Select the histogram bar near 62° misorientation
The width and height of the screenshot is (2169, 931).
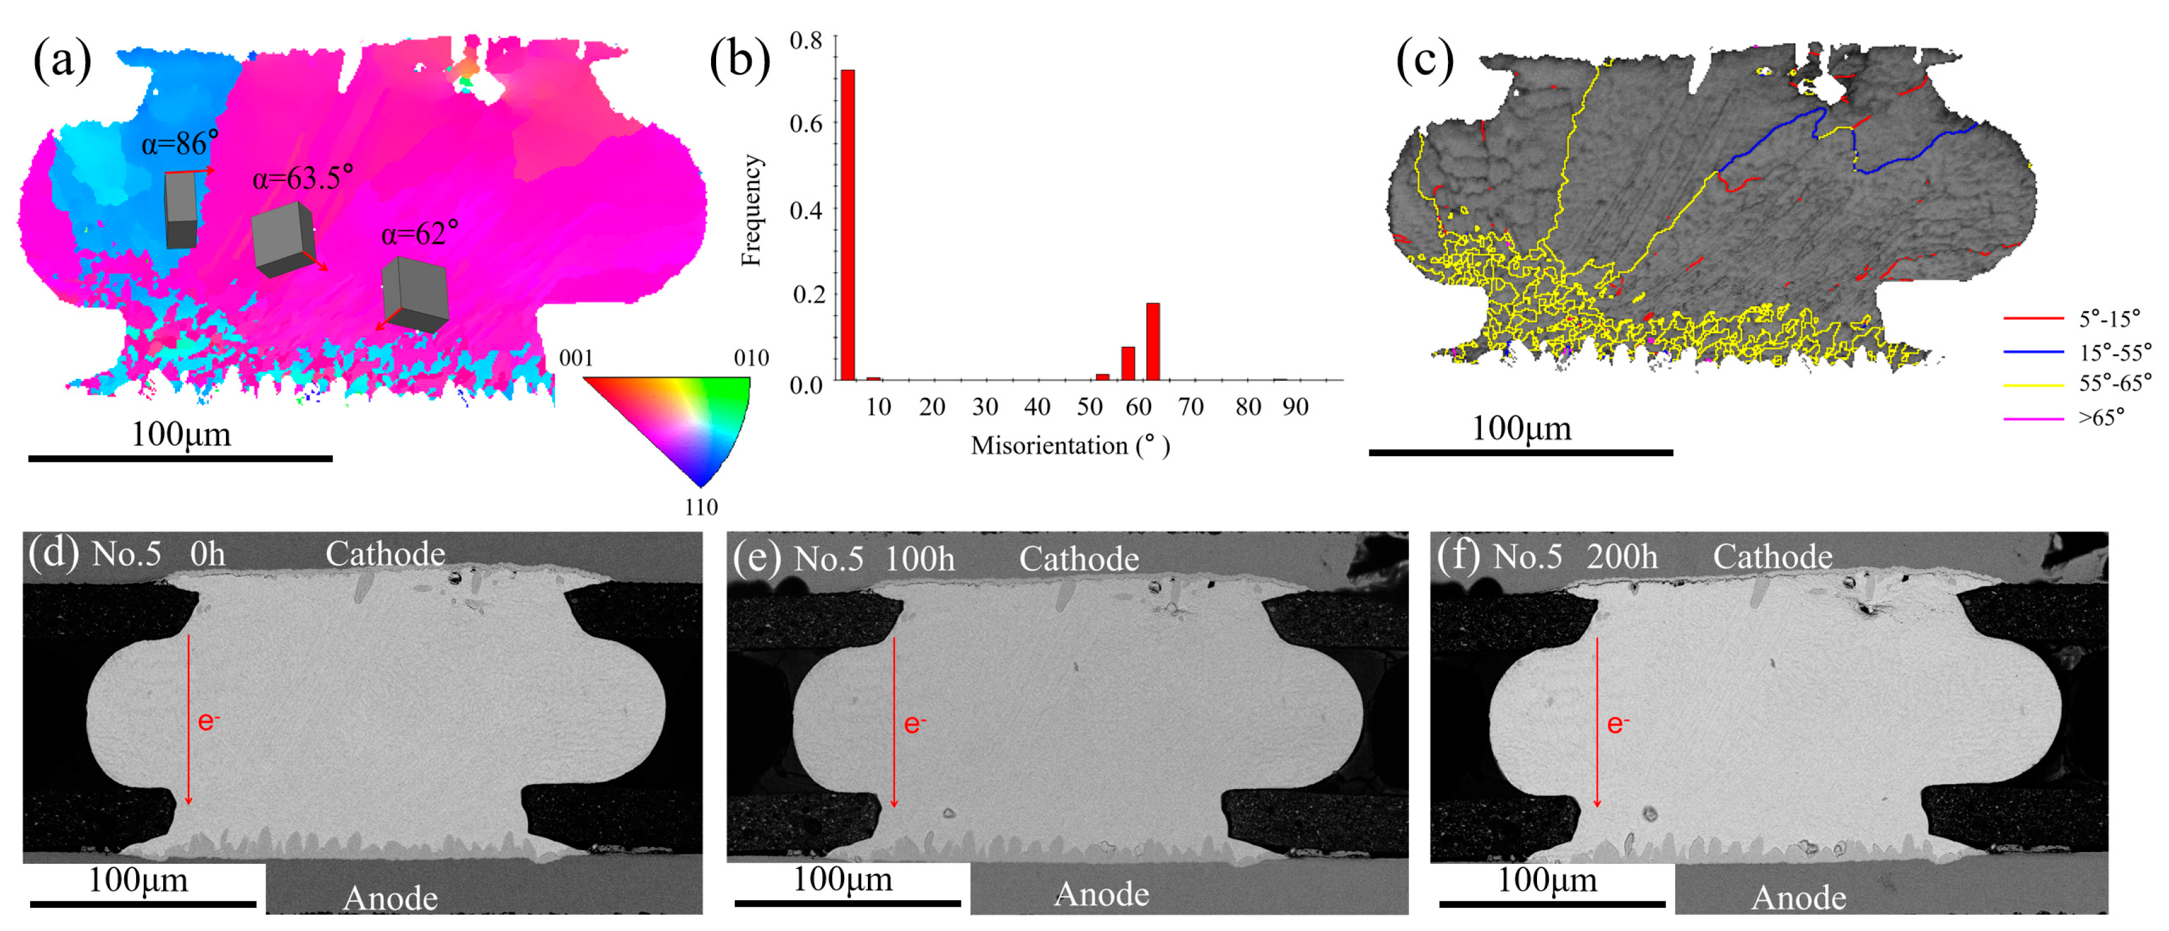click(1153, 341)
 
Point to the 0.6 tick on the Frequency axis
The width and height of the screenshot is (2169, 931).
click(806, 124)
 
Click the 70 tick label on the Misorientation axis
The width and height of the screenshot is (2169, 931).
click(1190, 407)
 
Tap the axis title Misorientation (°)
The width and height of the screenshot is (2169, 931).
click(1069, 445)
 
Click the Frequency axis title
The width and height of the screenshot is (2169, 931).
click(751, 210)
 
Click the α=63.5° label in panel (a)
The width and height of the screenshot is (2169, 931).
click(303, 178)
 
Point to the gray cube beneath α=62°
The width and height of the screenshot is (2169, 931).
click(415, 295)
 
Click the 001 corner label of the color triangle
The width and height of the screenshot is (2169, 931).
click(576, 358)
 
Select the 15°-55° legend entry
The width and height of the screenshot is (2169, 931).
click(2113, 352)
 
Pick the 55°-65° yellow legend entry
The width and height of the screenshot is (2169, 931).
click(2113, 384)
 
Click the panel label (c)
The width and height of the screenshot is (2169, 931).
click(1424, 61)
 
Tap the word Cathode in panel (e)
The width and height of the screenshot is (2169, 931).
click(1079, 559)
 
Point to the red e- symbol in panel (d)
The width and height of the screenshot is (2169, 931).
click(208, 721)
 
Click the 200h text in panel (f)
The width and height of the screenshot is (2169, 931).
click(1622, 557)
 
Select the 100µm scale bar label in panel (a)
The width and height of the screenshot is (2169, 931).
click(180, 434)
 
